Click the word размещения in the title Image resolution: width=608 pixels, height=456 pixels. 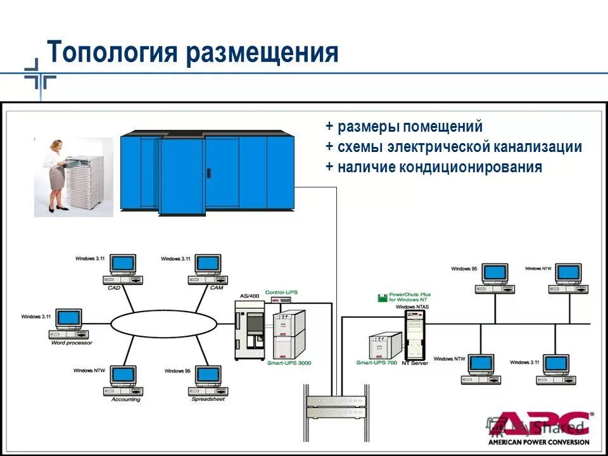pos(262,52)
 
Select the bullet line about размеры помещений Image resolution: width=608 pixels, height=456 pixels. pos(404,127)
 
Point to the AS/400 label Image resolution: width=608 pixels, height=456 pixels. pos(250,296)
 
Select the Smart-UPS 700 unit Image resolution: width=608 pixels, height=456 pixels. pos(384,346)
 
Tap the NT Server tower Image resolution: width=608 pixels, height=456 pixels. pos(414,335)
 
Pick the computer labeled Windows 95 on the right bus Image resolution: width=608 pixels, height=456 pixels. pos(494,277)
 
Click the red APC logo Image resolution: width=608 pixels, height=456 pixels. pos(540,423)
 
